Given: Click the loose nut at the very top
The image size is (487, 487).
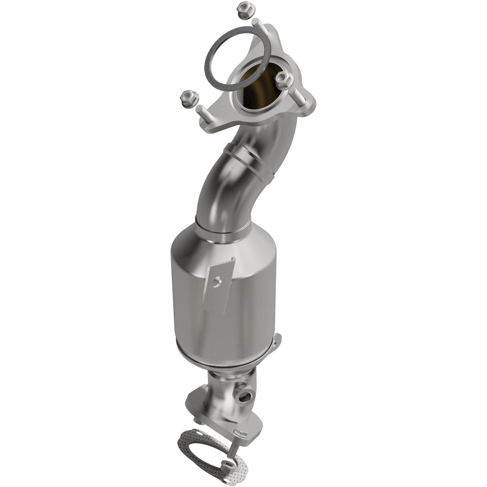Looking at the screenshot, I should (x=242, y=8).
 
